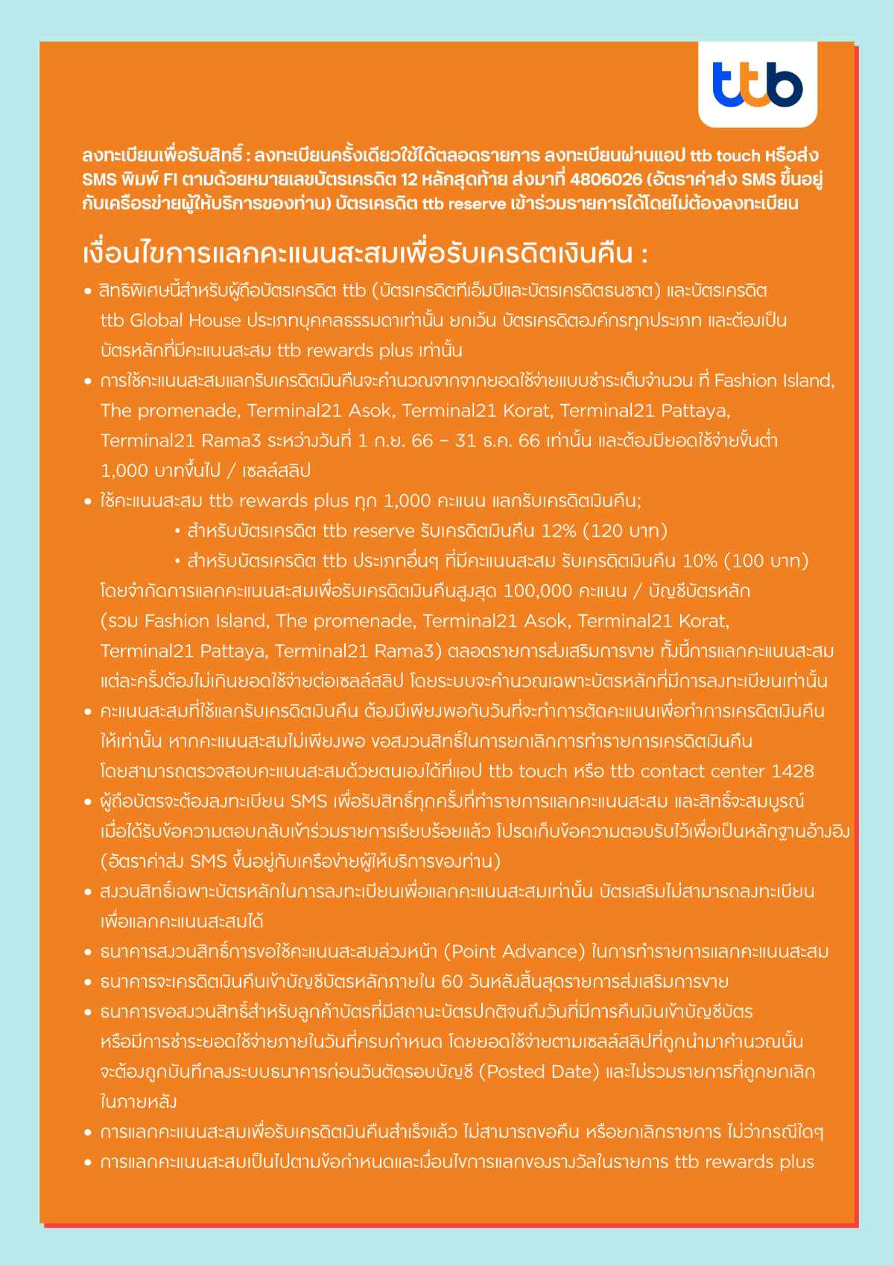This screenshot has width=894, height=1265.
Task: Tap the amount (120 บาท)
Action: tap(625, 531)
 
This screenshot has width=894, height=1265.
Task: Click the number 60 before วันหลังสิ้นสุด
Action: tap(453, 982)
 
